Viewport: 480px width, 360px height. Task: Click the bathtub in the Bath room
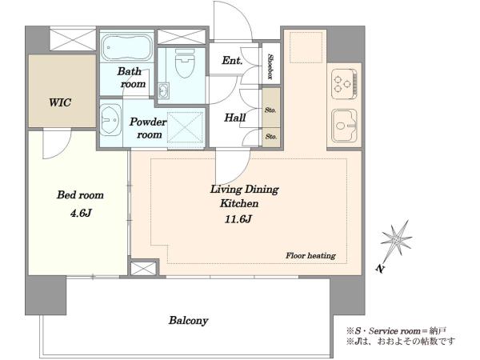tap(126, 48)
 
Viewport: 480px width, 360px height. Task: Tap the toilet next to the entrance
tap(186, 64)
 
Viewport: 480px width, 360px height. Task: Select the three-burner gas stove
tap(344, 83)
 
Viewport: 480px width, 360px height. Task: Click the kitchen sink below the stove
tap(344, 126)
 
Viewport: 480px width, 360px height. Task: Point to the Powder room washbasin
tap(110, 120)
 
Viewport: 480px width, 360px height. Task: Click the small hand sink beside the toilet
tap(163, 91)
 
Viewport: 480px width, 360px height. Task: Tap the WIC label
tap(60, 102)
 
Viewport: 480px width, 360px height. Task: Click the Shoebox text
tap(271, 66)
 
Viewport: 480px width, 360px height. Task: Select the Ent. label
tap(232, 60)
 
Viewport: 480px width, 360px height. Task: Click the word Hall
tap(234, 118)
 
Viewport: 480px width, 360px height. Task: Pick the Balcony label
tap(189, 321)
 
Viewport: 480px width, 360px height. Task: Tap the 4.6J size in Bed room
tap(81, 213)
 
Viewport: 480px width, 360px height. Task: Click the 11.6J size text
tap(238, 219)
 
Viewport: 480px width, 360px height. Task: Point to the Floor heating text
tap(310, 255)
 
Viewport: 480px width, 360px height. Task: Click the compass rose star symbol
tap(397, 238)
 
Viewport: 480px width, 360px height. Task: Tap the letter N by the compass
tap(380, 269)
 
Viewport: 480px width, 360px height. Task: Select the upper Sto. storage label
tap(270, 110)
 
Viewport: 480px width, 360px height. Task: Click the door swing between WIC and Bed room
tap(57, 144)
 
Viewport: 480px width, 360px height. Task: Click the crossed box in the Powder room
tap(186, 128)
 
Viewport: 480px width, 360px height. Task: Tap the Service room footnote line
tap(397, 331)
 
